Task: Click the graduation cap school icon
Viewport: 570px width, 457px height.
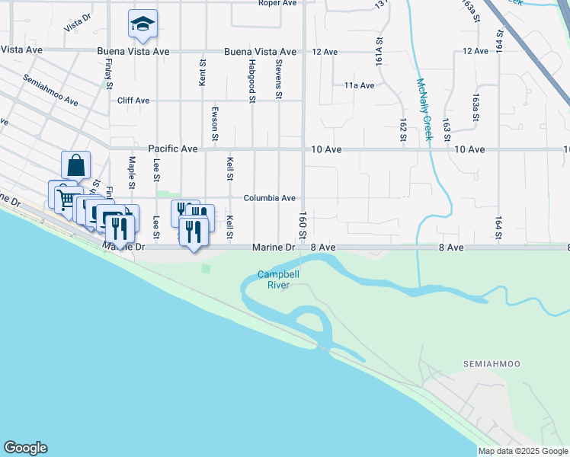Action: (142, 25)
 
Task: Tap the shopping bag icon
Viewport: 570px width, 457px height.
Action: (76, 165)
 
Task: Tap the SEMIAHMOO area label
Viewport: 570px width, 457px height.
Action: (492, 364)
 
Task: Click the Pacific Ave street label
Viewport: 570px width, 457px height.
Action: (172, 149)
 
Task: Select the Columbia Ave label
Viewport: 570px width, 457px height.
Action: (269, 198)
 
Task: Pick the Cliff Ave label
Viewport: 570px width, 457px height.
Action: (133, 100)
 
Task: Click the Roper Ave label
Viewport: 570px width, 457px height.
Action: (277, 3)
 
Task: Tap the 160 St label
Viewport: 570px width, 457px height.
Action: (303, 222)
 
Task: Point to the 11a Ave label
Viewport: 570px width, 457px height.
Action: (359, 85)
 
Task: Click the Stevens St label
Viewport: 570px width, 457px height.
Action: (279, 78)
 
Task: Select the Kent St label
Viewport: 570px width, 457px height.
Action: (203, 74)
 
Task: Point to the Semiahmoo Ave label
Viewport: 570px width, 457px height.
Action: (50, 90)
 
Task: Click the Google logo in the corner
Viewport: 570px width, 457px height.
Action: (25, 448)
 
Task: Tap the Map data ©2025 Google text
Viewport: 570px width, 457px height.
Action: (522, 451)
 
